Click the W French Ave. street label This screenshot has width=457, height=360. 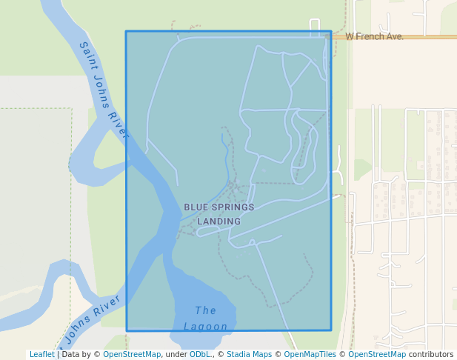pyautogui.click(x=374, y=36)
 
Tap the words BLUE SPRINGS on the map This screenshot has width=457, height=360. pyautogui.click(x=219, y=207)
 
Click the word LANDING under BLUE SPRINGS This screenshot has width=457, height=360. pyautogui.click(x=219, y=221)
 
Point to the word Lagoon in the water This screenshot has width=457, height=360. pyautogui.click(x=205, y=327)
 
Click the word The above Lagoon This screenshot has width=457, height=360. pyautogui.click(x=205, y=310)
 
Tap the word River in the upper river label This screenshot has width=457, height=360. pyautogui.click(x=119, y=125)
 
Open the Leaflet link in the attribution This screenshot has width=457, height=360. pyautogui.click(x=41, y=355)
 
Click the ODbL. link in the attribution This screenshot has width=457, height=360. pyautogui.click(x=200, y=355)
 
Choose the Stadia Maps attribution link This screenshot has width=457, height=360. pyautogui.click(x=249, y=355)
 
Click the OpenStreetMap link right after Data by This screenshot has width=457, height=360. pyautogui.click(x=132, y=355)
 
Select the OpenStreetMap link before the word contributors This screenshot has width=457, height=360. pyautogui.click(x=377, y=355)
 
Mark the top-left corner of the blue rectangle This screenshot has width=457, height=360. pyautogui.click(x=126, y=31)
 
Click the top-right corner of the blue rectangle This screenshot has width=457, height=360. pyautogui.click(x=331, y=31)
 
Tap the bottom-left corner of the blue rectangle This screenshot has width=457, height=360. pyautogui.click(x=127, y=330)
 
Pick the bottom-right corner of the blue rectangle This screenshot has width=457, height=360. pyautogui.click(x=331, y=330)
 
